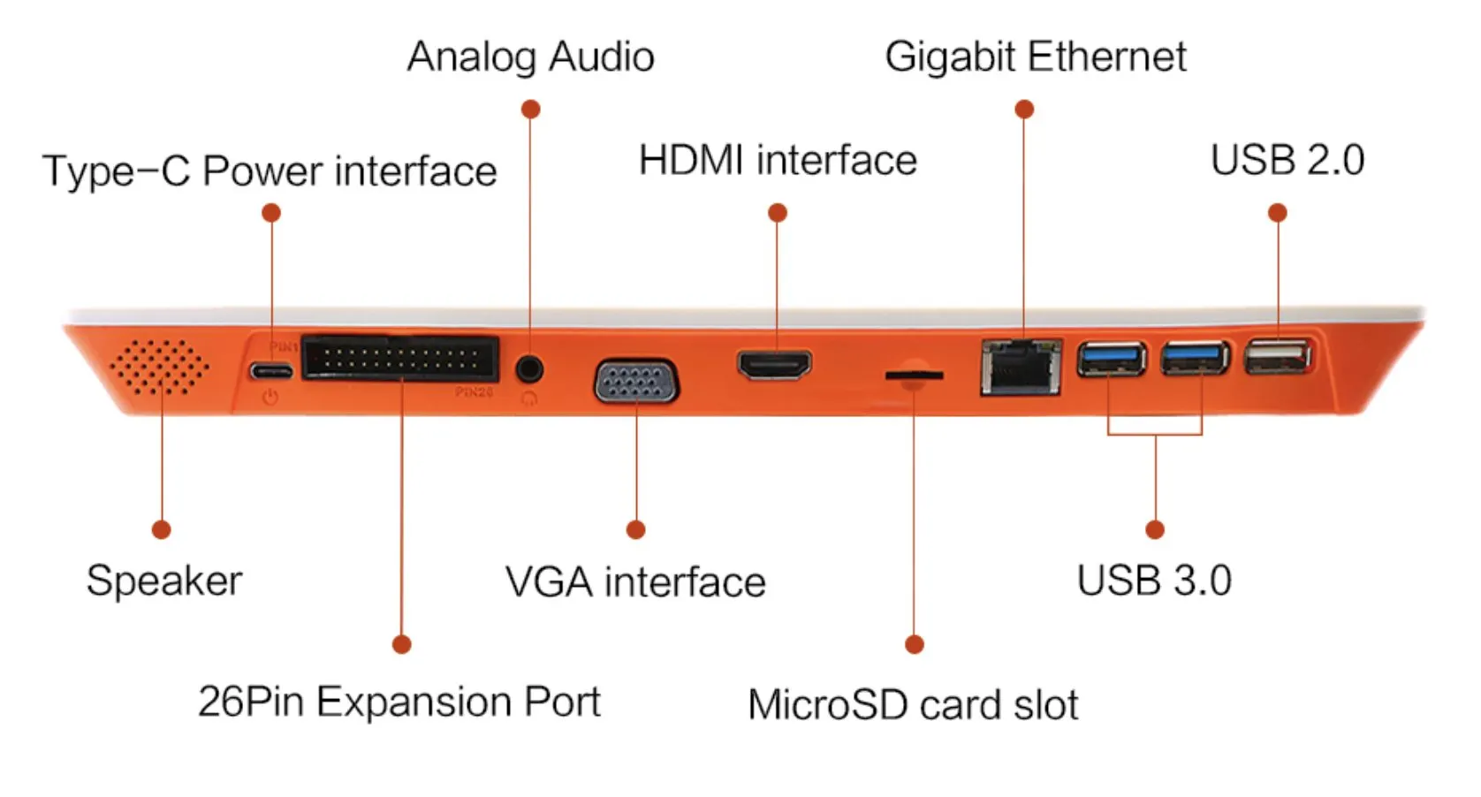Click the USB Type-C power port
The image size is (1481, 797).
(271, 369)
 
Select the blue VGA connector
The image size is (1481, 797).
(636, 382)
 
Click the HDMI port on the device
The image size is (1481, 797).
(775, 364)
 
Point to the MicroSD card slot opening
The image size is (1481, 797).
(915, 376)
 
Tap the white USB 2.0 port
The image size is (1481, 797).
(1276, 358)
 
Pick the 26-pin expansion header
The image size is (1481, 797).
(400, 358)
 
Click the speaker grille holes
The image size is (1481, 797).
(160, 367)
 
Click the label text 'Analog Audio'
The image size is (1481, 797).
(530, 57)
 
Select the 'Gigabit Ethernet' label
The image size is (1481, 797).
(1035, 57)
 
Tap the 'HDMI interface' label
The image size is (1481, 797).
(778, 161)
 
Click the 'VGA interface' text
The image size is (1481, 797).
(635, 582)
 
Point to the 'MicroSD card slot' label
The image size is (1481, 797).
(913, 705)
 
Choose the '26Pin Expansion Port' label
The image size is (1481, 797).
(399, 702)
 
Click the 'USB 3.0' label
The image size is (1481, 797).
(1154, 581)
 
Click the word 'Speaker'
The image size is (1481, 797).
(164, 581)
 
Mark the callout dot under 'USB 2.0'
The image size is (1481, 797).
(1277, 213)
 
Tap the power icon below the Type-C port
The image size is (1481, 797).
(270, 398)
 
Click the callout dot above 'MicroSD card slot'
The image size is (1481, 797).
(915, 644)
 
